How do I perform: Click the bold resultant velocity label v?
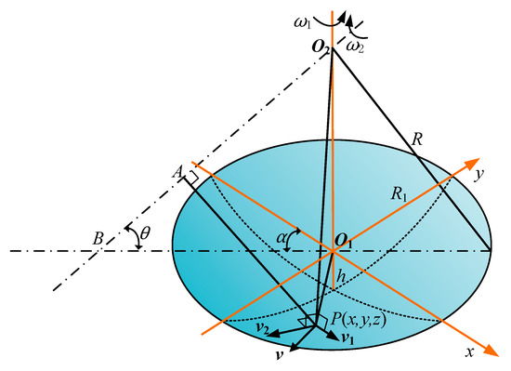tap(280, 358)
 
